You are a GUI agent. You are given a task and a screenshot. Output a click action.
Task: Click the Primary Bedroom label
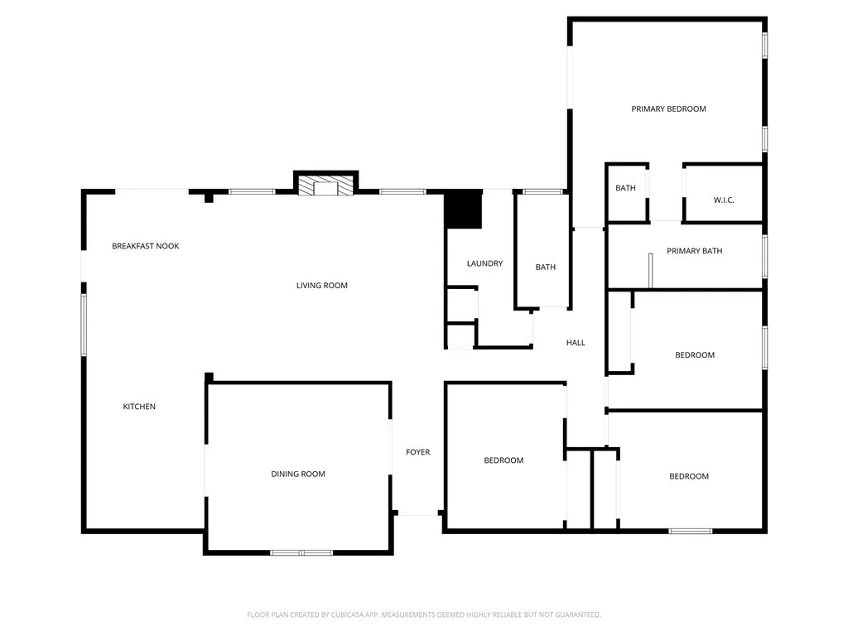click(x=668, y=108)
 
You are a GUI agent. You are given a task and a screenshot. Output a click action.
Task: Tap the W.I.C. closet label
click(x=724, y=200)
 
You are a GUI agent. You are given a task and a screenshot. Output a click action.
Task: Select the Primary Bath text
click(x=694, y=251)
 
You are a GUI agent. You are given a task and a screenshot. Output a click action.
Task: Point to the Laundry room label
click(x=484, y=263)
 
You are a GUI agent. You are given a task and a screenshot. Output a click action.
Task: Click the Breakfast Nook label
click(x=146, y=246)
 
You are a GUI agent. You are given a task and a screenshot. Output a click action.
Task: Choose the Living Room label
click(x=322, y=286)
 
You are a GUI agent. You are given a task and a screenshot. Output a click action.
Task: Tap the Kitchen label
click(x=139, y=407)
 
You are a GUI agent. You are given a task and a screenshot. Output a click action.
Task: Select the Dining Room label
click(x=298, y=475)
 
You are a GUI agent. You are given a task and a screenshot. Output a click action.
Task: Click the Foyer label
click(x=417, y=452)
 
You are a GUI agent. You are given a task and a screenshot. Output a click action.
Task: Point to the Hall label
click(x=576, y=343)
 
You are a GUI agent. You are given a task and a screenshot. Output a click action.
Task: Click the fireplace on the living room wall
click(x=326, y=185)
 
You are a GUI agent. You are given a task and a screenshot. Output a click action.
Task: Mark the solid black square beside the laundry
click(x=463, y=210)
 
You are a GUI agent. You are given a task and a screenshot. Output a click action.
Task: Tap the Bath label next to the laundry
click(x=545, y=267)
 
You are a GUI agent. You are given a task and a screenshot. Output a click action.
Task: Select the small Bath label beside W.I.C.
click(x=625, y=188)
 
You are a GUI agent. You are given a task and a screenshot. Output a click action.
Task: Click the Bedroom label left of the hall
click(x=503, y=460)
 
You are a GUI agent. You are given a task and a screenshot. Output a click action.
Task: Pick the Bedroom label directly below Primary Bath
click(x=694, y=355)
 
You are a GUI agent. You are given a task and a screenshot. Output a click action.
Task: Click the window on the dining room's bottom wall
click(x=301, y=552)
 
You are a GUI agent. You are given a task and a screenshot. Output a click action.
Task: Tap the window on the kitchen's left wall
click(x=84, y=325)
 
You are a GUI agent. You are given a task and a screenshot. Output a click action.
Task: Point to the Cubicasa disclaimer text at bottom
click(x=424, y=614)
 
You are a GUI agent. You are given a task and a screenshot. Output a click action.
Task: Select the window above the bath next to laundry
click(x=542, y=192)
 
